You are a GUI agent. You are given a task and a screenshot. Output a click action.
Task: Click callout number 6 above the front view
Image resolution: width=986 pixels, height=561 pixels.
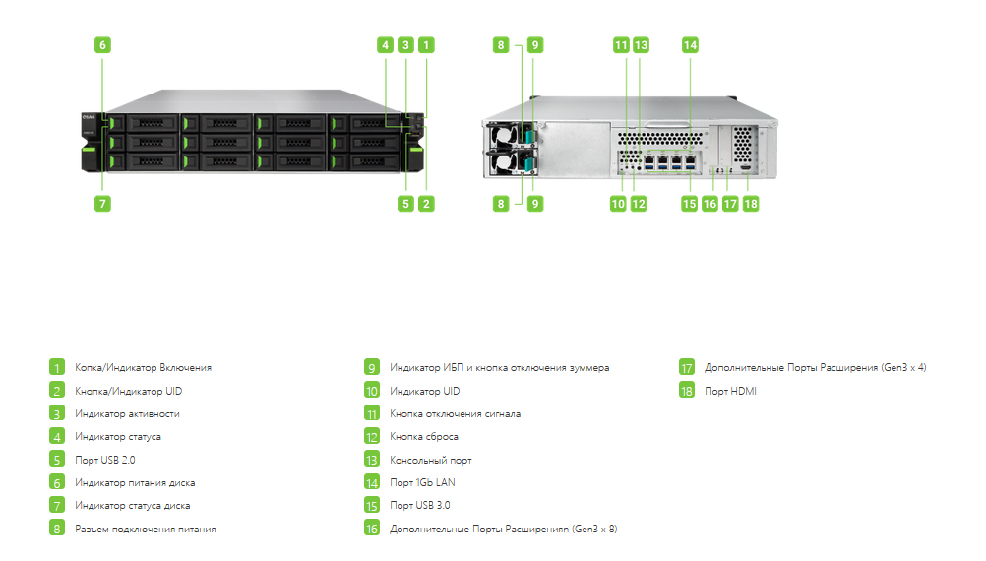[x=102, y=45]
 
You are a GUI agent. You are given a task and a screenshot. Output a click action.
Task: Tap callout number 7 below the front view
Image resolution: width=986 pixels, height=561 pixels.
[x=102, y=204]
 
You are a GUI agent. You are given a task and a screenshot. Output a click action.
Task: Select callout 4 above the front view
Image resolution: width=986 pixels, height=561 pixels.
[x=386, y=45]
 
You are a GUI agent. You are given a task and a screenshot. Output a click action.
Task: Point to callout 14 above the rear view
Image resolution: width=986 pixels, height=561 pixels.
[x=690, y=45]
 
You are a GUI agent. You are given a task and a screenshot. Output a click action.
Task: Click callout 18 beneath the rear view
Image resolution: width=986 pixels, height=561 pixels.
[x=750, y=204]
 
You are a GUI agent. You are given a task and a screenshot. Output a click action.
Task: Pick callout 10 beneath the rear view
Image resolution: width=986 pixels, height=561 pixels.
[x=618, y=204]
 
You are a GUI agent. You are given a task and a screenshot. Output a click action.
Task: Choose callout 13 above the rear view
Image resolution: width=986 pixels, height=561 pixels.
[x=641, y=45]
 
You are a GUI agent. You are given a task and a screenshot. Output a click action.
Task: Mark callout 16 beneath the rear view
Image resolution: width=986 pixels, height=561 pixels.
[x=709, y=204]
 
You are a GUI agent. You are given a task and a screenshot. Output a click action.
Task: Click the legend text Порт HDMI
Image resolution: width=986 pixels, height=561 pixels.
[x=730, y=391]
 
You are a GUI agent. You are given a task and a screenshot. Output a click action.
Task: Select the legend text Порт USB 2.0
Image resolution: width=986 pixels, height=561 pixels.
[x=105, y=460]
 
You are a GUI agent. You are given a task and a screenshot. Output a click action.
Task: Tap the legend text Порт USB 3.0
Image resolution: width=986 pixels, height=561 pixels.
[x=419, y=505]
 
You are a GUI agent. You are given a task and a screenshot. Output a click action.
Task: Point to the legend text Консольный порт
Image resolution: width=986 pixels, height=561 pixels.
[x=431, y=461]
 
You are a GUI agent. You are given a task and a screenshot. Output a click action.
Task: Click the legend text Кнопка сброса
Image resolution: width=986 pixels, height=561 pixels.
[x=424, y=436]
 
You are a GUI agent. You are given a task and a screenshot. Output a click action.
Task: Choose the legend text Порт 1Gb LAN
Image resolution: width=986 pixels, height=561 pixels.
[x=422, y=482]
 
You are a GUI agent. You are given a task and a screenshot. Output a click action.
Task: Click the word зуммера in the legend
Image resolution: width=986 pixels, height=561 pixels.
[x=589, y=368]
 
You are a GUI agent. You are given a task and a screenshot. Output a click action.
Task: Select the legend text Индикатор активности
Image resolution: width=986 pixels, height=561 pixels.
[x=127, y=413]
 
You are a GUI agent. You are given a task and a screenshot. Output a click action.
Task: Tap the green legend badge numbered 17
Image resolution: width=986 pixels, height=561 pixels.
[x=687, y=367]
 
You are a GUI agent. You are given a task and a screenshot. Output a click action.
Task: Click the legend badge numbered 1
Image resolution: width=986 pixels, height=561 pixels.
[x=57, y=367]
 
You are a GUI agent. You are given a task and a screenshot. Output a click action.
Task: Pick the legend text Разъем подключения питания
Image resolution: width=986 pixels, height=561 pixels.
[x=146, y=530]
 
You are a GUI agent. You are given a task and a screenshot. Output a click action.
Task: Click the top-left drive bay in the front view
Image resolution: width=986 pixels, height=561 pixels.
[x=144, y=123]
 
